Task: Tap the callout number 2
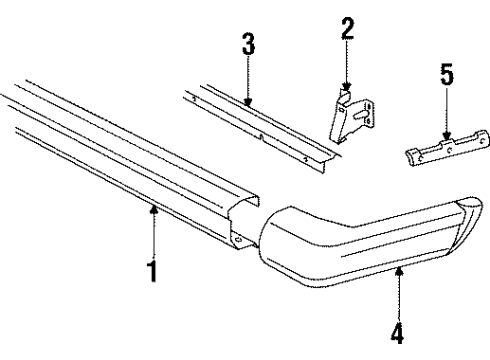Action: (x=346, y=29)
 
